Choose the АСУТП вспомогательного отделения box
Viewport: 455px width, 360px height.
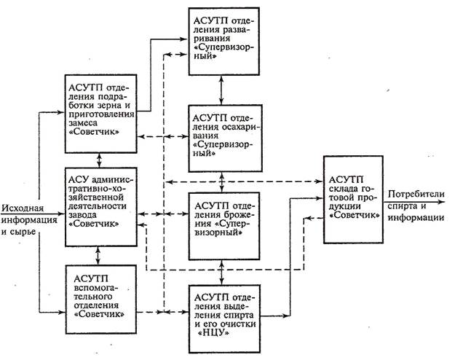99,294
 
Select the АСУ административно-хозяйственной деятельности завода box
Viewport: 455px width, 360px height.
99,208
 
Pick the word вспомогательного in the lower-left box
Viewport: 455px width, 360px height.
98,289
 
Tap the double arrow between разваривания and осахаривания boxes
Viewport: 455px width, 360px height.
223,88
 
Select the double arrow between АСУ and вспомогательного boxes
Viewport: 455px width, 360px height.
100,255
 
